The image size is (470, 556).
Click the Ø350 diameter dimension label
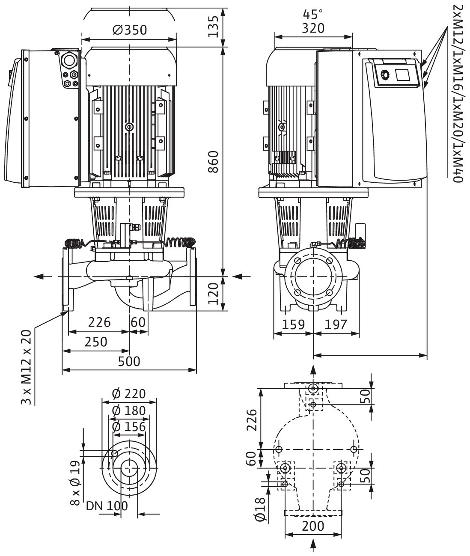pyautogui.click(x=129, y=30)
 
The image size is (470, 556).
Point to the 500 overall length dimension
pyautogui.click(x=129, y=361)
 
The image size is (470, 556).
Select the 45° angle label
pyautogui.click(x=313, y=15)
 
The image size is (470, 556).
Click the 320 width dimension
pyautogui.click(x=313, y=28)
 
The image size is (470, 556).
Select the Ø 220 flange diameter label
pyautogui.click(x=129, y=393)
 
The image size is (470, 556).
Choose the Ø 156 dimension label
pyautogui.click(x=129, y=427)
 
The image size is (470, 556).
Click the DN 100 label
pyautogui.click(x=107, y=506)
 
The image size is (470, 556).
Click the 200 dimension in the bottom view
pyautogui.click(x=313, y=526)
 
